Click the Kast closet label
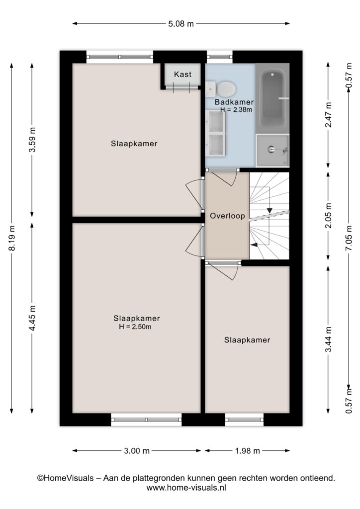[x=182, y=75]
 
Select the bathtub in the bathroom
[x=272, y=98]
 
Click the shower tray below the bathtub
[x=272, y=150]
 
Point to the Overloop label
[x=227, y=216]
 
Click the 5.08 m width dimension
[x=181, y=24]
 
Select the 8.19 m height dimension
[x=12, y=238]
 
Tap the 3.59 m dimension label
[x=32, y=139]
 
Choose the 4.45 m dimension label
[x=32, y=318]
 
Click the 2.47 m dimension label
[x=329, y=115]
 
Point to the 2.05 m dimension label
[x=329, y=215]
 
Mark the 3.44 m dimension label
[x=329, y=339]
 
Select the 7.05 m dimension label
[x=349, y=238]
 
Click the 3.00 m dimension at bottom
[x=137, y=450]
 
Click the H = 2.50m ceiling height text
[x=135, y=327]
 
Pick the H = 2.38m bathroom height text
[x=236, y=110]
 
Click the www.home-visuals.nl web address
[x=186, y=487]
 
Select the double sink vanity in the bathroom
[x=215, y=133]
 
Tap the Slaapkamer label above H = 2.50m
[x=137, y=318]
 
